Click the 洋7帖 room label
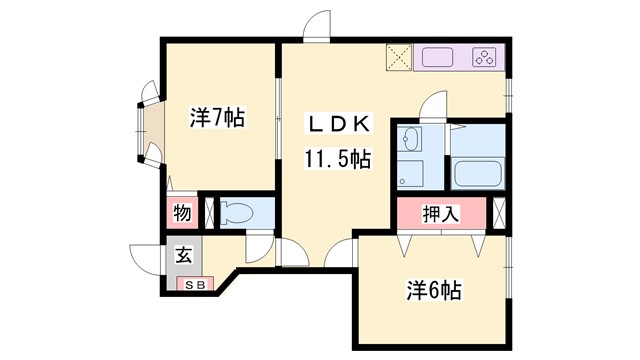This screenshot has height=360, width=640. [218, 119]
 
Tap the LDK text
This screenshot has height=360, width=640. [339, 124]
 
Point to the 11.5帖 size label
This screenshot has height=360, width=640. [339, 158]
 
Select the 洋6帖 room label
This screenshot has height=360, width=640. [433, 291]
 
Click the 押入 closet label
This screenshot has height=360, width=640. [440, 213]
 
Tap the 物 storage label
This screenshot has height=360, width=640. [182, 212]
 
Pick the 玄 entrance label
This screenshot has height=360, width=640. [185, 254]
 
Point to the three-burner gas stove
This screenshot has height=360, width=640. [485, 57]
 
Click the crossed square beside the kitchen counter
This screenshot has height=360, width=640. [398, 58]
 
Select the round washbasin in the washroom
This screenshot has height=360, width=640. [411, 139]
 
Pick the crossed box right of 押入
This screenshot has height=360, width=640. [501, 212]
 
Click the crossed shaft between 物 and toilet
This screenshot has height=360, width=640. [210, 212]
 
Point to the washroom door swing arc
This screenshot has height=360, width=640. [432, 104]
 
